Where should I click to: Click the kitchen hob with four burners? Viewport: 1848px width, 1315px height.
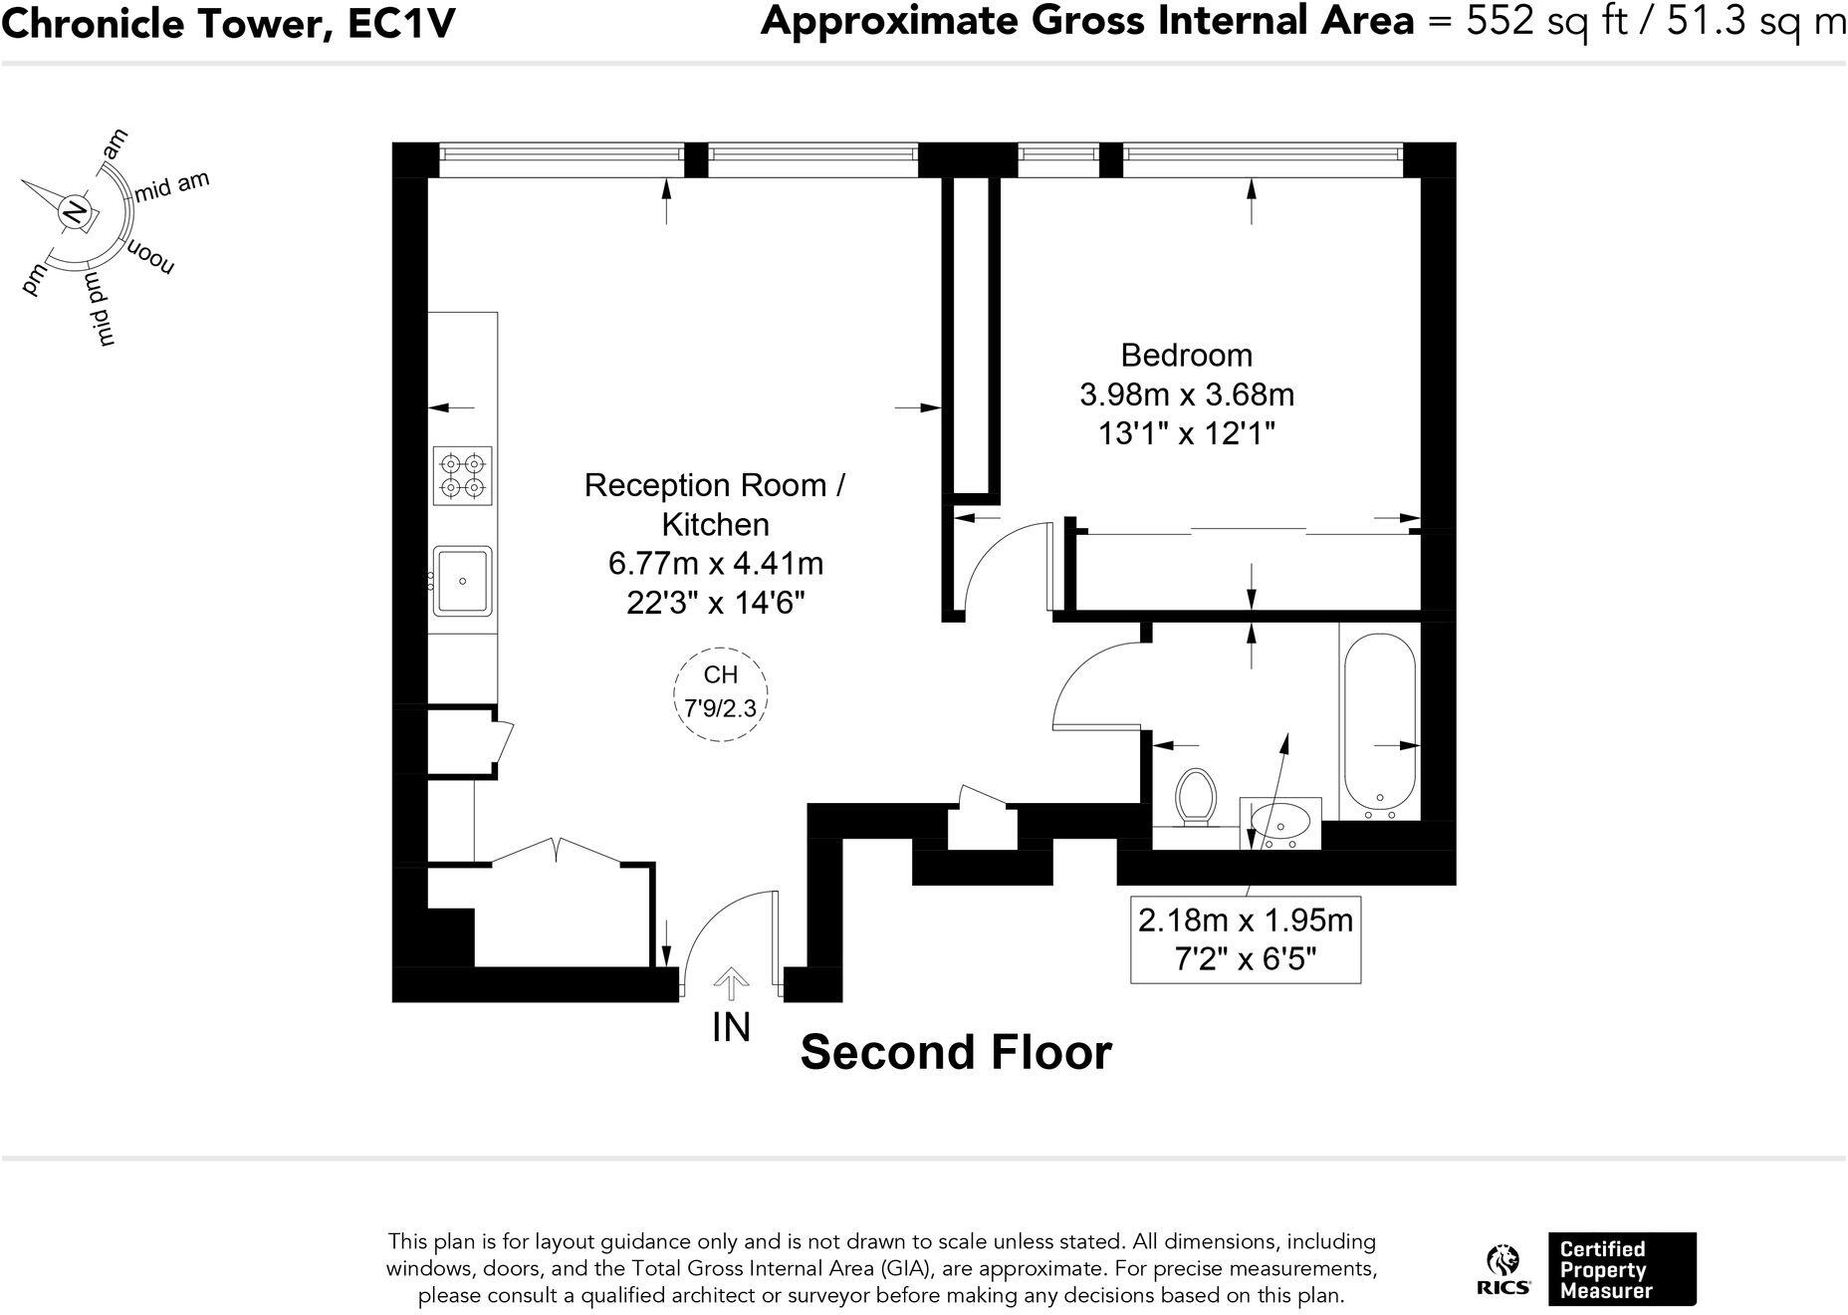coord(463,476)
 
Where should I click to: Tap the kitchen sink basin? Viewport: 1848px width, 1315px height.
coord(462,581)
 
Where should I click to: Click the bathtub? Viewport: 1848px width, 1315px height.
coord(1379,719)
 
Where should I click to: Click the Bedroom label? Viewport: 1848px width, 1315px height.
coord(1186,356)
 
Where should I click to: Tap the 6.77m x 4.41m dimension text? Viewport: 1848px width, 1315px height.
coord(715,564)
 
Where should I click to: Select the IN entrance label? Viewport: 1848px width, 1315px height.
coord(731,1028)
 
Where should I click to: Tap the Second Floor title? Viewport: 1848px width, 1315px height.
coord(955,1053)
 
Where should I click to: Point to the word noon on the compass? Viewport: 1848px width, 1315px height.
coord(149,258)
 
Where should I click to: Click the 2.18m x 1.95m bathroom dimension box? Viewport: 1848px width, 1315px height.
coord(1245,939)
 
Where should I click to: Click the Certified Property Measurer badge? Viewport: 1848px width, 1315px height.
coord(1621,1269)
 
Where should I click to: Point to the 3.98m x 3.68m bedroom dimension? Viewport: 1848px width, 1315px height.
coord(1186,395)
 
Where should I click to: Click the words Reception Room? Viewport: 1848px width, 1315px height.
coord(705,485)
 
